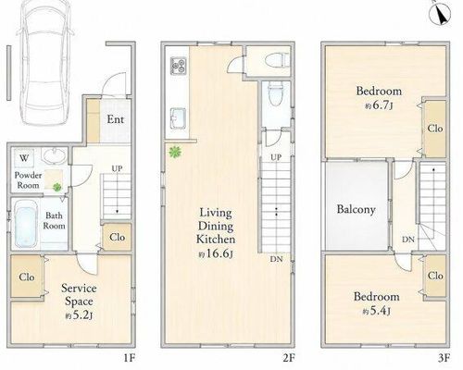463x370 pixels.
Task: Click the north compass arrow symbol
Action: point(440,13)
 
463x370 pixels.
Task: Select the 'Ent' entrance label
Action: point(115,119)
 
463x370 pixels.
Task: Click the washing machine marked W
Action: point(24,158)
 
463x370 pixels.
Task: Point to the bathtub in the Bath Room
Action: point(26,223)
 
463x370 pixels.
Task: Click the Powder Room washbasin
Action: point(55,155)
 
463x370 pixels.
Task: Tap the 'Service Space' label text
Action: point(79,295)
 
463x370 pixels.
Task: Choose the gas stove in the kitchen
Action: point(179,66)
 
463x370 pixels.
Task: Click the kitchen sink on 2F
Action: point(178,118)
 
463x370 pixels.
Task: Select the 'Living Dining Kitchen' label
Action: point(216,226)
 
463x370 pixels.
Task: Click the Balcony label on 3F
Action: point(357,209)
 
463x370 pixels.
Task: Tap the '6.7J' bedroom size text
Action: point(379,105)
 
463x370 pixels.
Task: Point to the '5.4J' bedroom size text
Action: point(376,311)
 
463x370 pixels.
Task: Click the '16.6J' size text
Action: point(216,254)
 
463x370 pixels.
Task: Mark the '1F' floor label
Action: point(130,358)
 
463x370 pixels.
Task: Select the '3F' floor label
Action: point(444,358)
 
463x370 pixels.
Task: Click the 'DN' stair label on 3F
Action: point(408,240)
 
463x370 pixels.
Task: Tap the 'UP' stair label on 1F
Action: point(117,168)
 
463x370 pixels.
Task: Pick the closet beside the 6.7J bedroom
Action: point(435,129)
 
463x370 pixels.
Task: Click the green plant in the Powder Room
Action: point(56,187)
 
